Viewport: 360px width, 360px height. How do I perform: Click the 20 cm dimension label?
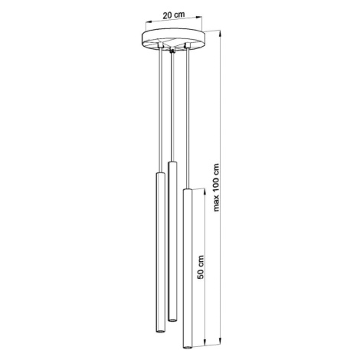click(174, 15)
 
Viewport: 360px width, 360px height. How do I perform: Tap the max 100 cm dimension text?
click(216, 188)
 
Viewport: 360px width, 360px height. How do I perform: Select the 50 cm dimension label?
click(201, 267)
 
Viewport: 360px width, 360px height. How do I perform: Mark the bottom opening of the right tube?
click(188, 347)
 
